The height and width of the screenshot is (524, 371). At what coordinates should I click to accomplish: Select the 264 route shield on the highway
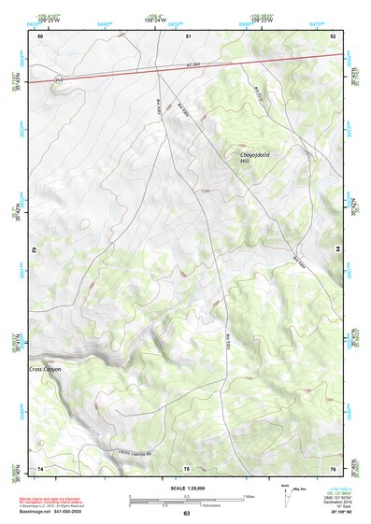pos(58,80)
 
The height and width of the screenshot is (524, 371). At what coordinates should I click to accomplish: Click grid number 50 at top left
pos(40,35)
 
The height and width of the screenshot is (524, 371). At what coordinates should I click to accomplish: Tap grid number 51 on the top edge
pos(188,35)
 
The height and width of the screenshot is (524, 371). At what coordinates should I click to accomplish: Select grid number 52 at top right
pos(333,35)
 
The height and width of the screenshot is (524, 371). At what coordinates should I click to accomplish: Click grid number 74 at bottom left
pos(40,467)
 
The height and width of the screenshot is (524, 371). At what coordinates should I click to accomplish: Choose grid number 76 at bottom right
pos(333,467)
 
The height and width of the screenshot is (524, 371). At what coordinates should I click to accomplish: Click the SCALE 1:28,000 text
pos(186,488)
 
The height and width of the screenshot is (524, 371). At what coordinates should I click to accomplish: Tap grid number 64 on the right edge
pos(338,249)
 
